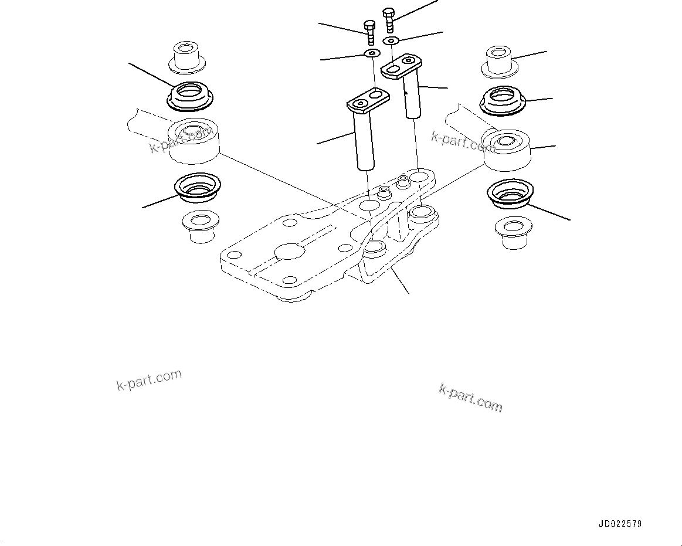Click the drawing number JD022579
click(x=620, y=524)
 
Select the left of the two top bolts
click(x=370, y=32)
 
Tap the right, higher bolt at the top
click(x=388, y=19)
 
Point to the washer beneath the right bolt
click(x=391, y=40)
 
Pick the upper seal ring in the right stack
click(x=503, y=100)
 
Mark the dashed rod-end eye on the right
click(x=506, y=147)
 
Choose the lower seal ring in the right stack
click(x=510, y=193)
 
